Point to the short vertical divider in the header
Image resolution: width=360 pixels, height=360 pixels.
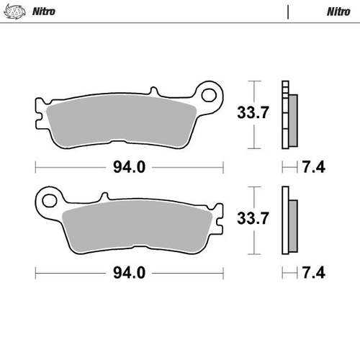pos(288,12)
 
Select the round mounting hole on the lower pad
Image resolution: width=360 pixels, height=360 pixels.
pos(48,197)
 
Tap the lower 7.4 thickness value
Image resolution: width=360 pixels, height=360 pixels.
pos(315,272)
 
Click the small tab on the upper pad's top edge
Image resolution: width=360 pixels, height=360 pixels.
pos(153,92)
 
